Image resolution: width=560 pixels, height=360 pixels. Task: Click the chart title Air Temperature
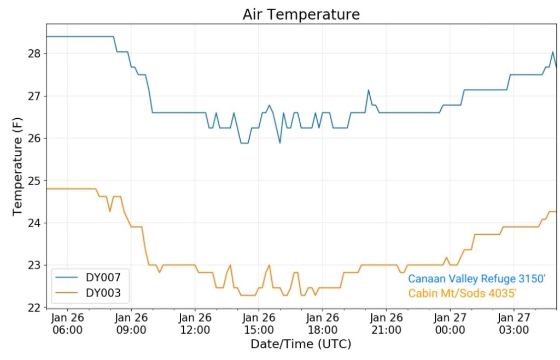[301, 14]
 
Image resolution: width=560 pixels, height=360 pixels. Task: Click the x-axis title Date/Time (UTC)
[301, 344]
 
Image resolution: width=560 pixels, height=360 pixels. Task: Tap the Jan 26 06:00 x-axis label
[68, 323]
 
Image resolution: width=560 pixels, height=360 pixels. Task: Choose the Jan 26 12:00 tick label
[195, 323]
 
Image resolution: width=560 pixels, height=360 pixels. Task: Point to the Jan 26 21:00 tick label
[386, 323]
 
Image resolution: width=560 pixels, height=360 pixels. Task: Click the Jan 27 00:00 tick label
[450, 323]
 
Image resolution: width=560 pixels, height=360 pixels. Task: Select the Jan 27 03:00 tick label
[514, 323]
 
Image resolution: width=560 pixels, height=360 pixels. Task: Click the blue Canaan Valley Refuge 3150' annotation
[477, 278]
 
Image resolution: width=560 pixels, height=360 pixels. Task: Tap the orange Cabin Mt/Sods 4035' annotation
[463, 294]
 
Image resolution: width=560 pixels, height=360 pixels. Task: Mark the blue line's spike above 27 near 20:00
[369, 90]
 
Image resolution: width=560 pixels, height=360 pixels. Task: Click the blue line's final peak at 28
[553, 53]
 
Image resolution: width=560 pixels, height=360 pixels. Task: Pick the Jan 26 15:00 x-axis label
[259, 323]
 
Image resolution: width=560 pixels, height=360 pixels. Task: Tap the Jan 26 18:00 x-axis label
[322, 323]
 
